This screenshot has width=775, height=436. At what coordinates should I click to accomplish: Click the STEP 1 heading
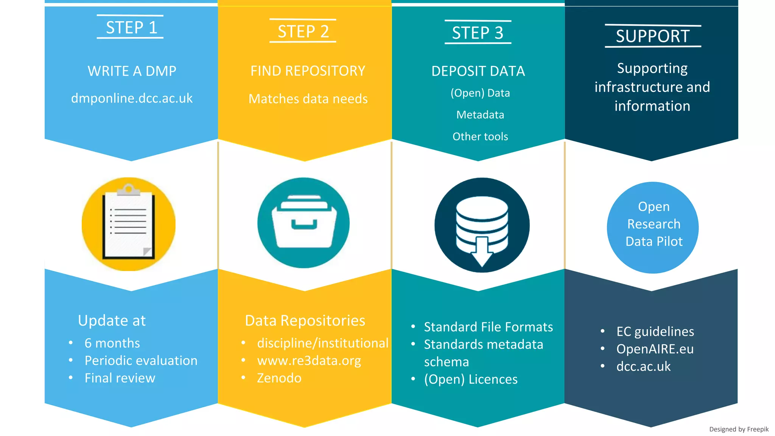coord(131,28)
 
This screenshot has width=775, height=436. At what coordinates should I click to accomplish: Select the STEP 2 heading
coord(303,31)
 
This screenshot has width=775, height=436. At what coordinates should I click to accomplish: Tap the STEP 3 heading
coord(478,33)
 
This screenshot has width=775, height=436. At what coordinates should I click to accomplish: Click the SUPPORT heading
coord(652,36)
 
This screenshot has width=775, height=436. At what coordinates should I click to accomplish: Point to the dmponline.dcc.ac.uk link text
coord(132,98)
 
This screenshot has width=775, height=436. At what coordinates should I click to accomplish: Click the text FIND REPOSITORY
coord(308,71)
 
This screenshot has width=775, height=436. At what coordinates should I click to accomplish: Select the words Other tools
coord(480,137)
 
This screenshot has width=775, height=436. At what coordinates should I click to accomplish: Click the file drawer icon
coord(303,223)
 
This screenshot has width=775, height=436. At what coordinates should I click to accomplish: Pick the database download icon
coord(482,225)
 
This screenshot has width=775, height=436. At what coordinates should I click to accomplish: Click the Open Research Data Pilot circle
coord(653,227)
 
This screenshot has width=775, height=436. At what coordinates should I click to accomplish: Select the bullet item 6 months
coord(112,343)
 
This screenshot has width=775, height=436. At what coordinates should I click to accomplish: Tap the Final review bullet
coord(120,378)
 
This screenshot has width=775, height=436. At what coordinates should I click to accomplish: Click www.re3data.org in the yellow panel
coord(309,361)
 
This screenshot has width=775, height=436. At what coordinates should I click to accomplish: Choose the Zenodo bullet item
coord(279,378)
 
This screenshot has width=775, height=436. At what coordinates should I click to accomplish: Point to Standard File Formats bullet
coord(488,327)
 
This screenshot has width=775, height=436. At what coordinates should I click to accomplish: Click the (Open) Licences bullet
coord(470,379)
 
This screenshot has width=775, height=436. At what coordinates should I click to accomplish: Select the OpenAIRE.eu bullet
coord(655,349)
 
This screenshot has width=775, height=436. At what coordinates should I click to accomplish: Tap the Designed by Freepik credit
coord(738,429)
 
